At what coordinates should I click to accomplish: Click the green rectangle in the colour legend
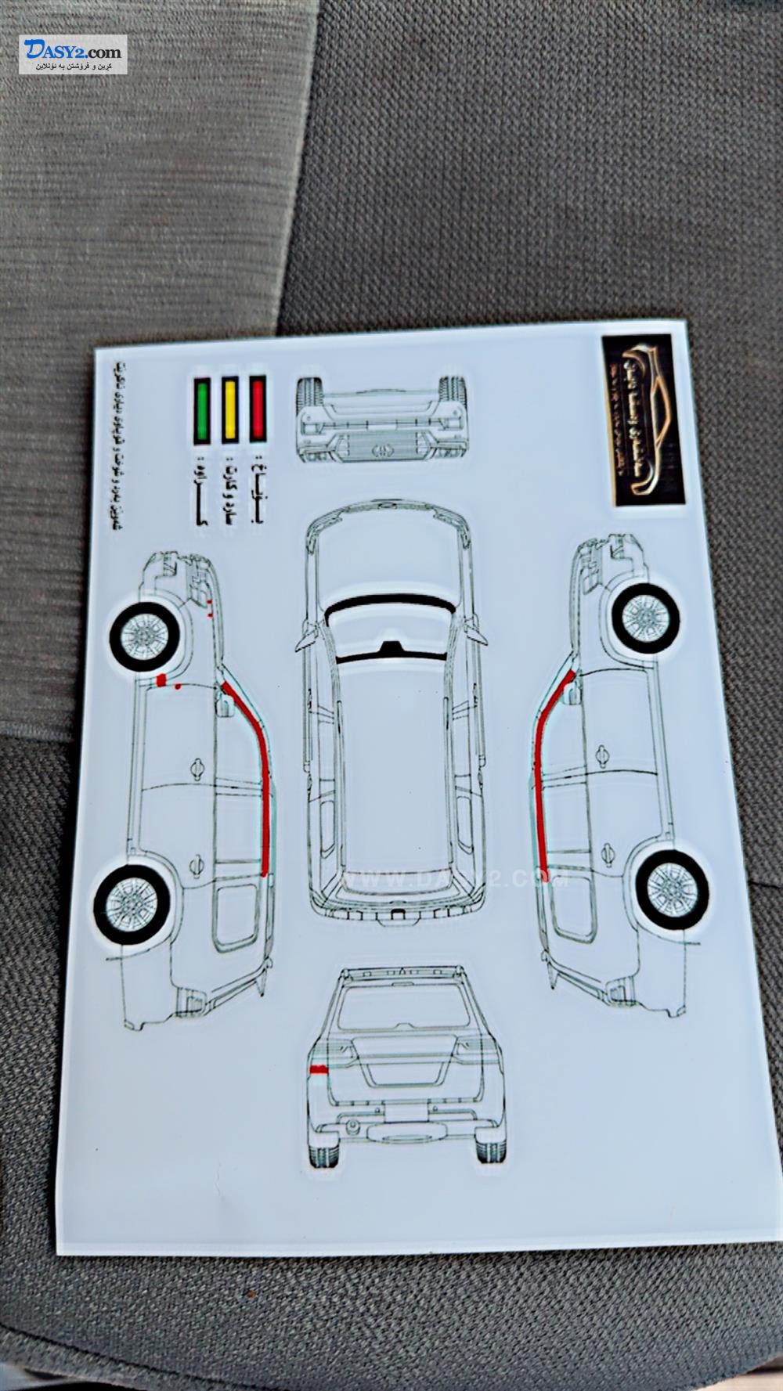(202, 409)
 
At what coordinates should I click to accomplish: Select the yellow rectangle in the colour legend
(230, 409)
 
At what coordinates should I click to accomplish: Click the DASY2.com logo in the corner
(73, 56)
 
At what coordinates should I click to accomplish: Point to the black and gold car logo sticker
(642, 419)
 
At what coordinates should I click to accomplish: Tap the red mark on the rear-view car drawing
(319, 1068)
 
